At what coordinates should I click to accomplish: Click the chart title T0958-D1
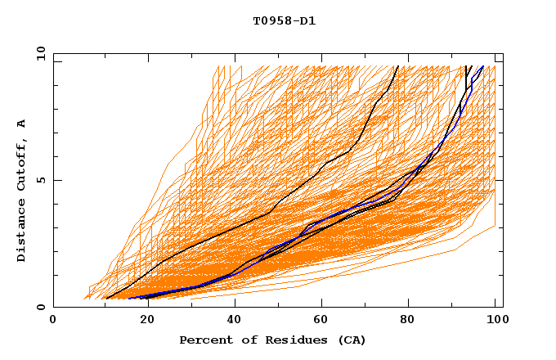285,21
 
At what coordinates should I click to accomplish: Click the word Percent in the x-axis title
205,340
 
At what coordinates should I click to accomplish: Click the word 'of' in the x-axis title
247,340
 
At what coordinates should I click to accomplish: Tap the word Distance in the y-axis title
22,231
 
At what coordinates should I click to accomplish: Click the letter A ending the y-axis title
22,123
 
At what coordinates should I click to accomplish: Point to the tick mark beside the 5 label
56,180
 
